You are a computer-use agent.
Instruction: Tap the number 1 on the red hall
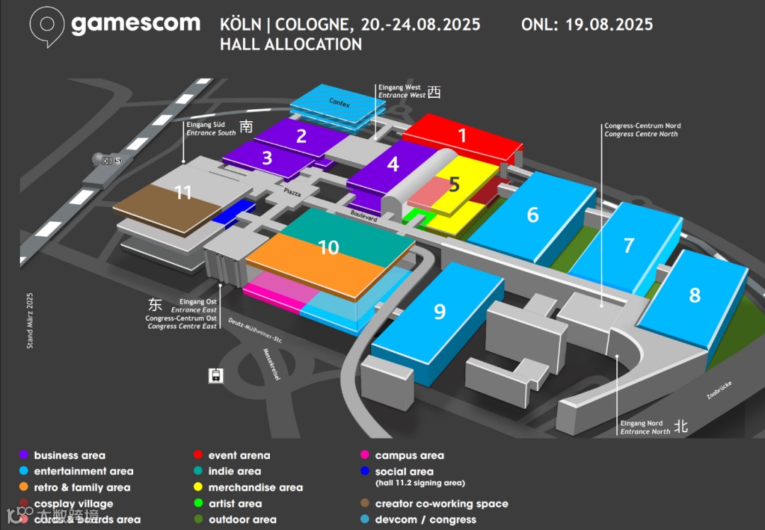[463, 135]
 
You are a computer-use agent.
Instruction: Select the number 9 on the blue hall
[440, 312]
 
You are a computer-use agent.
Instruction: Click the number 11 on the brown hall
[183, 192]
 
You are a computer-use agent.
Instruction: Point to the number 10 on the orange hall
[329, 247]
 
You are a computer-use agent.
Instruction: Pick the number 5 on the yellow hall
[454, 184]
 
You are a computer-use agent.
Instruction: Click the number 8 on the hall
[694, 295]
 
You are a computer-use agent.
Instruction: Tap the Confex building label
[339, 103]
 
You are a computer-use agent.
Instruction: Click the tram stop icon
[216, 375]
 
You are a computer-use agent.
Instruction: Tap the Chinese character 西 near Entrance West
[434, 92]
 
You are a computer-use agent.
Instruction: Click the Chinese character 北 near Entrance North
[681, 426]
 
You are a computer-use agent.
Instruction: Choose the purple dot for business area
[24, 456]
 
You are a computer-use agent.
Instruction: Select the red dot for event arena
[199, 456]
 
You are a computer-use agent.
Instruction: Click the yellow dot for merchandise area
[199, 487]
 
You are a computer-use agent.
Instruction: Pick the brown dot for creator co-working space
[365, 504]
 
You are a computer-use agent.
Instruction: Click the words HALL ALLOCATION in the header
[290, 44]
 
